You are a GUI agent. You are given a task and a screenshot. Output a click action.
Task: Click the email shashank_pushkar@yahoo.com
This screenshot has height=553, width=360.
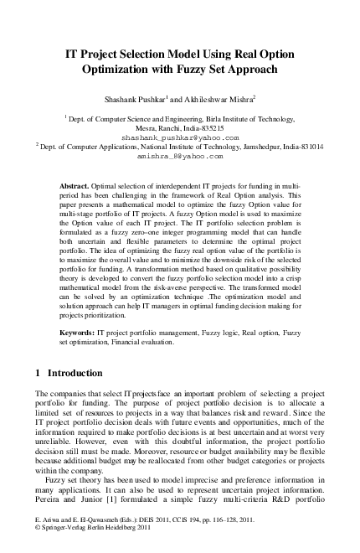click(180, 136)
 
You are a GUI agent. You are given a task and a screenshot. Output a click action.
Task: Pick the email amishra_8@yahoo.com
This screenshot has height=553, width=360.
click(180, 156)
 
